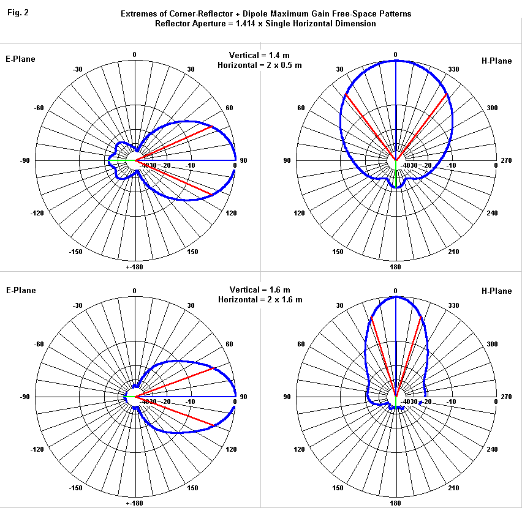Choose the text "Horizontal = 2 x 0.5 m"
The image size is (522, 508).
click(260, 64)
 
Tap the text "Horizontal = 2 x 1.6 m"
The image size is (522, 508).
click(260, 299)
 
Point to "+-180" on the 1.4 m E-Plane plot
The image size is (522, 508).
click(135, 267)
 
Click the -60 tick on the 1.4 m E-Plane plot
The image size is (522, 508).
click(39, 108)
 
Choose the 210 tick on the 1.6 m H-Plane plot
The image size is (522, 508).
click(454, 488)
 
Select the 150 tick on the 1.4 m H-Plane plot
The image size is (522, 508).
click(338, 252)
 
